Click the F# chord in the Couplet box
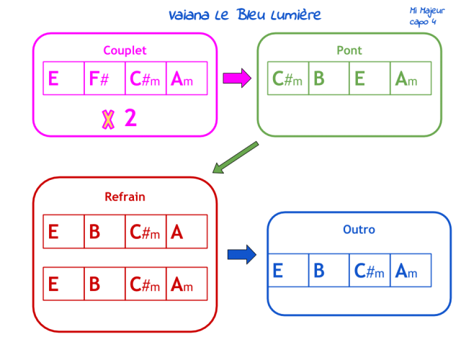(x=99, y=78)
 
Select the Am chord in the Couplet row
(x=182, y=78)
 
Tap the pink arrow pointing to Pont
(x=237, y=78)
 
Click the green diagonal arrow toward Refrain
(x=236, y=158)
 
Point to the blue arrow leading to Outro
(x=242, y=254)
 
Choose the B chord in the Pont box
(x=319, y=78)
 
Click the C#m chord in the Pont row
(x=287, y=78)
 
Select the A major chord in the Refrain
(x=177, y=232)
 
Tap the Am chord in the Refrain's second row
(x=182, y=284)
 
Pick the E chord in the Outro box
(x=278, y=271)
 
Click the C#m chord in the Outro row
(x=369, y=271)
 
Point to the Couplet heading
(x=125, y=50)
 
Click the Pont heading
(x=349, y=50)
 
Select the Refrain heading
(x=125, y=197)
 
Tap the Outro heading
(x=359, y=230)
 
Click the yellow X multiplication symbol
(x=108, y=120)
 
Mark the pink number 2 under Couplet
(x=131, y=118)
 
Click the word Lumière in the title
(x=296, y=15)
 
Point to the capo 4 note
(x=423, y=22)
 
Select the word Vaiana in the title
(x=189, y=15)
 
